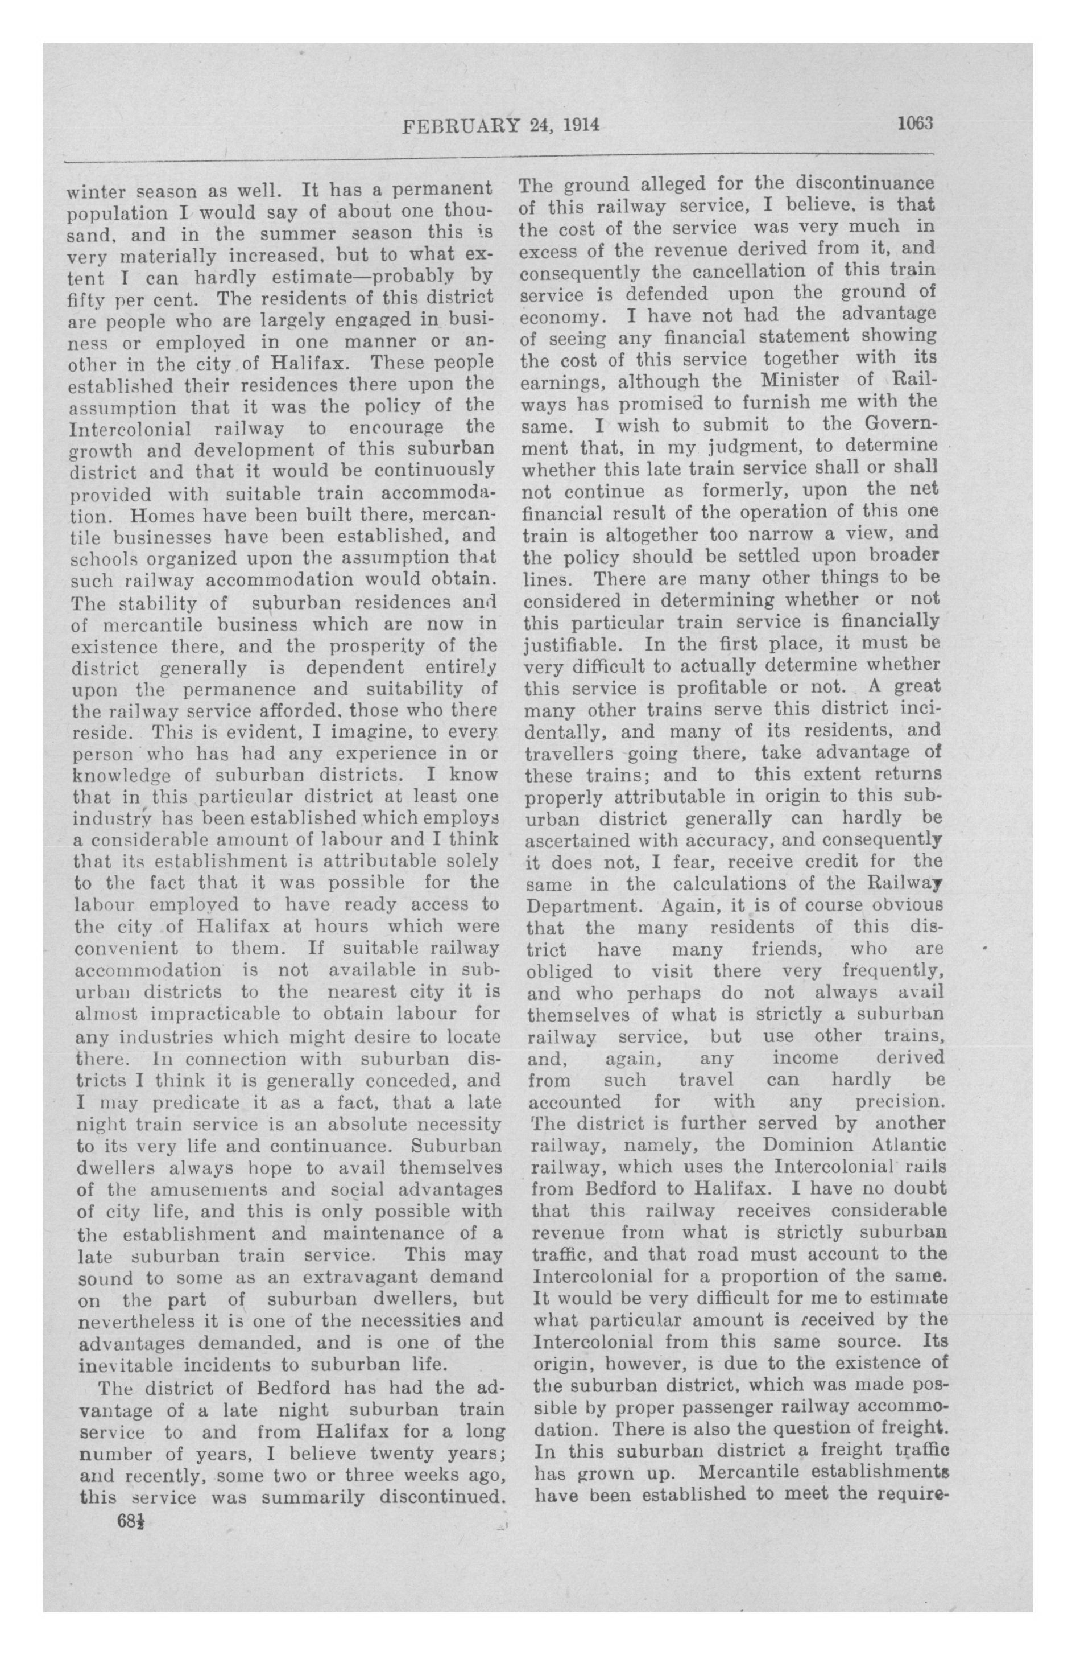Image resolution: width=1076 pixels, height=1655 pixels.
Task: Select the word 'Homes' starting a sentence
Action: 162,517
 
